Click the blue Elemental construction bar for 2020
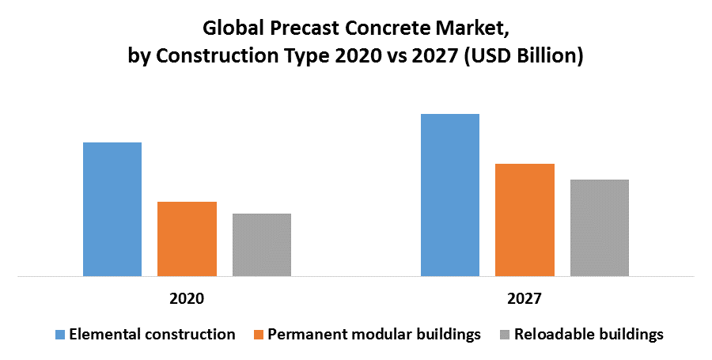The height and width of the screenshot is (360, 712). pyautogui.click(x=112, y=210)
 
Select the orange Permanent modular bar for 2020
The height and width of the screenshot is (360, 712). pyautogui.click(x=187, y=239)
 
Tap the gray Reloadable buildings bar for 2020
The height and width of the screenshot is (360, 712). pyautogui.click(x=262, y=245)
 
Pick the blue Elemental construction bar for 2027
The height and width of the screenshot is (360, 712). pyautogui.click(x=450, y=195)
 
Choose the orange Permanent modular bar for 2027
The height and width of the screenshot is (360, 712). pyautogui.click(x=525, y=220)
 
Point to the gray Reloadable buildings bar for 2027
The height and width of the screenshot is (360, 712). pyautogui.click(x=600, y=228)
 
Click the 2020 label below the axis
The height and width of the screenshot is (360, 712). pyautogui.click(x=187, y=300)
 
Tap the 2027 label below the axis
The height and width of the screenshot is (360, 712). pyautogui.click(x=525, y=300)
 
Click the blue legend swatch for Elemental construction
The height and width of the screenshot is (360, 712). pyautogui.click(x=59, y=335)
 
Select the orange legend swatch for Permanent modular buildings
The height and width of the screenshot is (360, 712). pyautogui.click(x=258, y=335)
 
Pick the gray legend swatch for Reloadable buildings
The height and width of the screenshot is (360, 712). pyautogui.click(x=504, y=335)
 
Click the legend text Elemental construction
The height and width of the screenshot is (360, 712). pyautogui.click(x=152, y=335)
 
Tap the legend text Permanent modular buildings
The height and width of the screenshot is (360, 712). pyautogui.click(x=374, y=335)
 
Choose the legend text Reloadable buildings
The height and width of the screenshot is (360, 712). pyautogui.click(x=589, y=335)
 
